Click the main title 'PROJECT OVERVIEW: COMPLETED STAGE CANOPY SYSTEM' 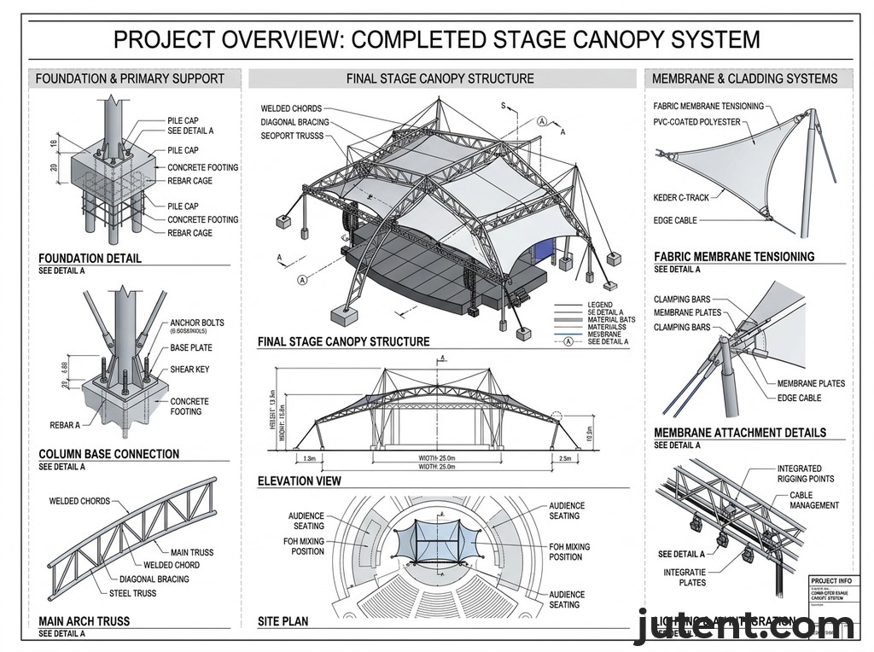436,39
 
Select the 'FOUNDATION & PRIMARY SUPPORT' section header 130,79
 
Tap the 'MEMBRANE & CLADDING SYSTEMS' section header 744,79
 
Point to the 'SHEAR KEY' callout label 189,370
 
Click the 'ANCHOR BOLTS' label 197,323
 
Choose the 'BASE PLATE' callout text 191,348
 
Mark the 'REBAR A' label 65,425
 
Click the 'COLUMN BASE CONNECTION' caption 109,454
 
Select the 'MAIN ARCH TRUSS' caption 84,621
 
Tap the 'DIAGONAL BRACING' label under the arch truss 154,579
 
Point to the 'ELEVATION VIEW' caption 299,481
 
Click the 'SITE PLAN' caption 283,621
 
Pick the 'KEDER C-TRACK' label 681,198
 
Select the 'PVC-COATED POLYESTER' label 697,122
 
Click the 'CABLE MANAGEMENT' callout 813,500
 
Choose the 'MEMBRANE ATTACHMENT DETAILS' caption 740,433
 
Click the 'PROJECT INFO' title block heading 829,580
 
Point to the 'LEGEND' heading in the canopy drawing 600,305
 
